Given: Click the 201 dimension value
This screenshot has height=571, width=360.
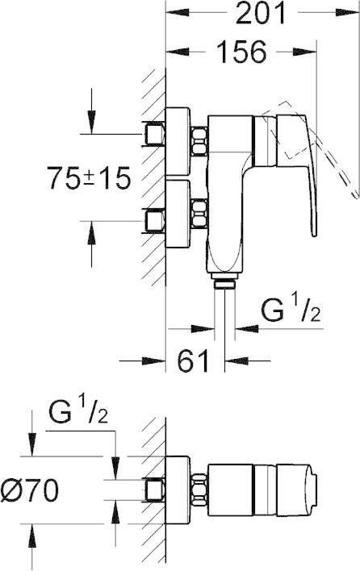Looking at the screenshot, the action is pos(260,14).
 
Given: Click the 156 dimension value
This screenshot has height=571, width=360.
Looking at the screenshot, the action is pos(241,52).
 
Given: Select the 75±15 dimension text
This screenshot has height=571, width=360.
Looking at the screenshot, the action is pos(89,178).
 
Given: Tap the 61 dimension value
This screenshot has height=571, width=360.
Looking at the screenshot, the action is pos(194,361).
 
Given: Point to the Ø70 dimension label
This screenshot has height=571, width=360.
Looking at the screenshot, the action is pos(30,490).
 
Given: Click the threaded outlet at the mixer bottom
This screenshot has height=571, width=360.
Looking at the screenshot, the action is pos(224,283).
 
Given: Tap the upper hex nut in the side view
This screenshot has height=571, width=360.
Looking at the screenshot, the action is pos(199,141).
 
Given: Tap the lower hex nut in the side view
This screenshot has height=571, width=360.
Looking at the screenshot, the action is pos(199,214).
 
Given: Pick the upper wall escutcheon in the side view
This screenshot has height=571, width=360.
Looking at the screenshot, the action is pos(178,141).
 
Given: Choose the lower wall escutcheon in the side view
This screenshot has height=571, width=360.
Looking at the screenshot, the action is pos(178,214).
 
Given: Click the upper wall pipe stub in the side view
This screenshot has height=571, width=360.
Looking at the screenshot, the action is pos(153,134).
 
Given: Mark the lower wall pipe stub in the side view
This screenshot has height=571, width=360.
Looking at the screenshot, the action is pos(153,221).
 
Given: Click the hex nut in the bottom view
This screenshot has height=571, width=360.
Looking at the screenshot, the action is pos(199,490).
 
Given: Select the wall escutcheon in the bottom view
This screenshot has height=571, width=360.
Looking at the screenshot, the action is pos(178,490).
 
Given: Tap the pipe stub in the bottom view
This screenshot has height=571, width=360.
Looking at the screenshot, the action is pos(153,490).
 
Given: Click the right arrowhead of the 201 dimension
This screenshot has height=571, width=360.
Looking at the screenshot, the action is pos(347,13).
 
